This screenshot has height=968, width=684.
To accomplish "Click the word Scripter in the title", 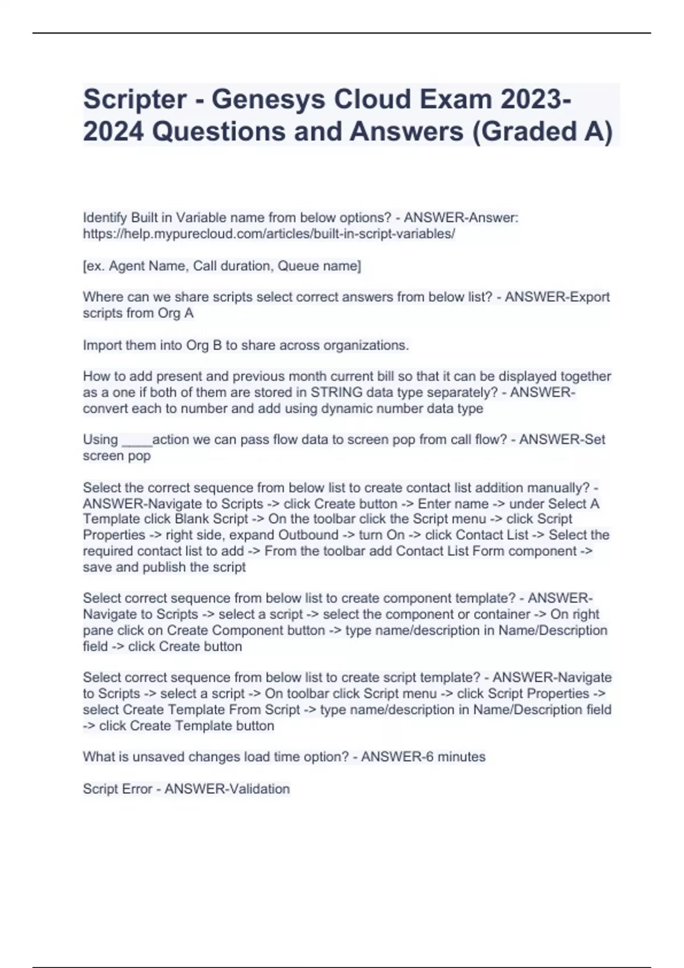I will (135, 100).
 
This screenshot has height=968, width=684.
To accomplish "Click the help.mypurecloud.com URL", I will (268, 234).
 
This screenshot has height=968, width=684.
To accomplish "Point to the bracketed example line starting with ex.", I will (222, 266).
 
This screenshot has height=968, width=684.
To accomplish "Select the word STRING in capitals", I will (336, 392).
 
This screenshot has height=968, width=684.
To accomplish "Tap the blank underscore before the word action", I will (136, 440).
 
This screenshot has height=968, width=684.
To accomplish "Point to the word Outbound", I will (308, 535).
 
